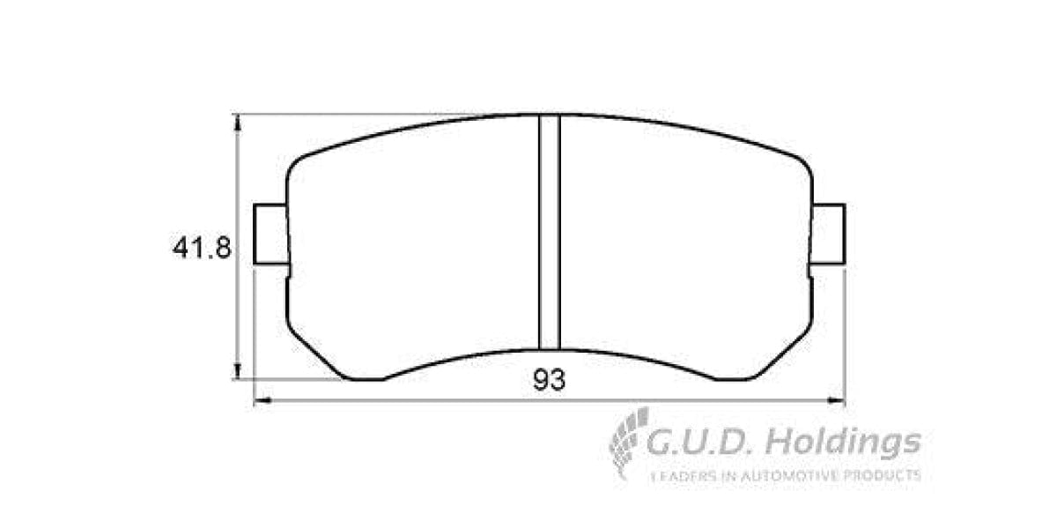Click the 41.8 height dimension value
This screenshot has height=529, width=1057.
pyautogui.click(x=202, y=249)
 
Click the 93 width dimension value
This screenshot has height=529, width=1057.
pyautogui.click(x=548, y=380)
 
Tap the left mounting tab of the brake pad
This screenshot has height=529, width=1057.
pyautogui.click(x=270, y=234)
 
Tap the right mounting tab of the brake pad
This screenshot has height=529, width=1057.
pyautogui.click(x=829, y=234)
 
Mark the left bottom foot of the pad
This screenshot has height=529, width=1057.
pyautogui.click(x=363, y=376)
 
